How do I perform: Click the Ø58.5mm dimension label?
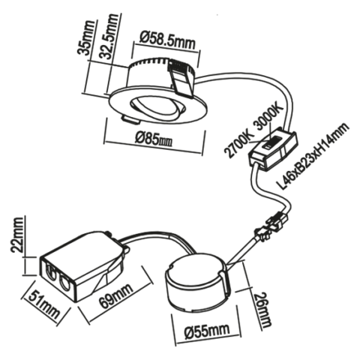[x=167, y=40]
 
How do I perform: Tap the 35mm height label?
[x=86, y=38]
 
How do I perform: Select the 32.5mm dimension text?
[x=110, y=37]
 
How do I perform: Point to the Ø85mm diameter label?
[x=154, y=139]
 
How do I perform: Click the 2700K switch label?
[x=239, y=145]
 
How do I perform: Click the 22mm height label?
[x=18, y=234]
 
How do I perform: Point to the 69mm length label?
[x=116, y=295]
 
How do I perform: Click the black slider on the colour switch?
[x=271, y=143]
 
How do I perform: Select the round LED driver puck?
[x=198, y=282]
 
